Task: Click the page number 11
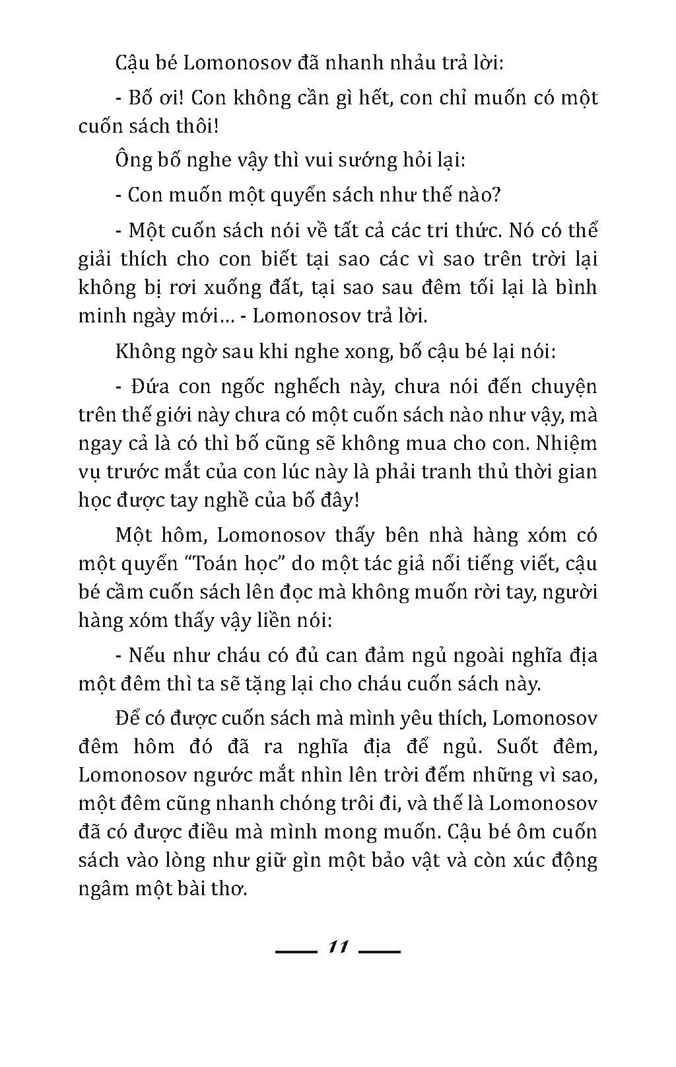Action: click(337, 947)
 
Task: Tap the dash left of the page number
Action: click(296, 952)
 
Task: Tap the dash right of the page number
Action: click(380, 952)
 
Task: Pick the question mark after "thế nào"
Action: click(495, 194)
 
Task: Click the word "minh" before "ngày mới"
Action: click(99, 315)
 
